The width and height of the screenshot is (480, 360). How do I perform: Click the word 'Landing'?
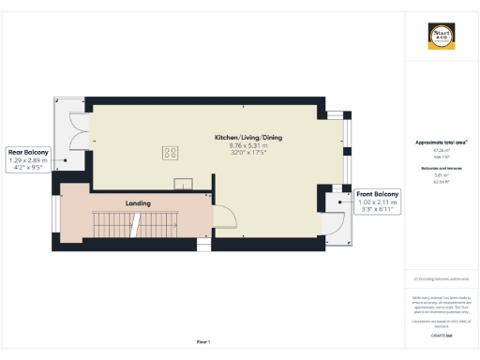138,202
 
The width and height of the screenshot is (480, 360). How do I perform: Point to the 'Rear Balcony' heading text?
28,152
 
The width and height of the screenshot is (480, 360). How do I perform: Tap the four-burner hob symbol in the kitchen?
172,151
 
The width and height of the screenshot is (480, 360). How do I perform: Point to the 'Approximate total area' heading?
441,142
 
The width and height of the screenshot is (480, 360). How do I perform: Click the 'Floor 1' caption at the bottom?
203,341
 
